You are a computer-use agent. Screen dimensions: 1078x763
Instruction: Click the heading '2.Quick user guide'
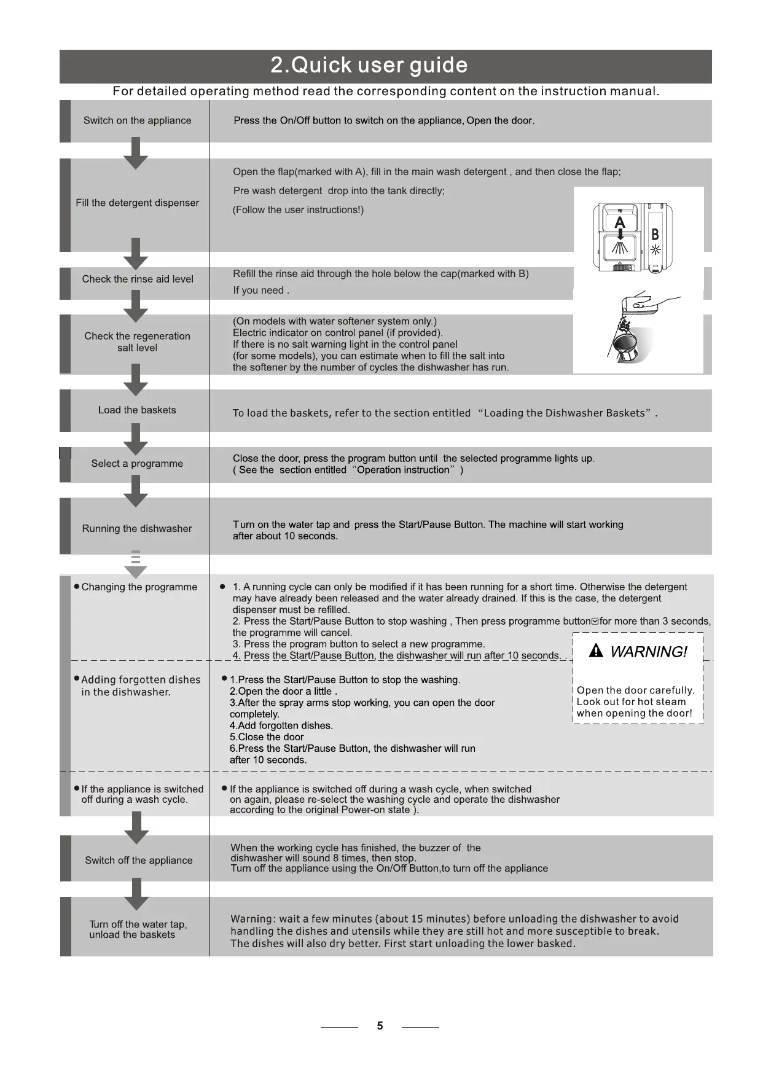coord(369,65)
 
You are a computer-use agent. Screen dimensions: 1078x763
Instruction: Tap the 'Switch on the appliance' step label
coord(137,120)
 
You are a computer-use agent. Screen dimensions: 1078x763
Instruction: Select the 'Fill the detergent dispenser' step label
coord(137,203)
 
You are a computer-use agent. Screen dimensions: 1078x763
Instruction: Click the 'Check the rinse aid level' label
coord(138,279)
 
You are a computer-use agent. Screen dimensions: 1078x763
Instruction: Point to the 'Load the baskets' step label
coord(137,410)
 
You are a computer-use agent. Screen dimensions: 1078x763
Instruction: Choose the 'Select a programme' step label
coord(137,463)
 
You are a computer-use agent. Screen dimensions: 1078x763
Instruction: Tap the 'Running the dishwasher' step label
coord(137,528)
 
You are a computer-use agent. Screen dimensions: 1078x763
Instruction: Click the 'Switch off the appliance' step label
coord(139,860)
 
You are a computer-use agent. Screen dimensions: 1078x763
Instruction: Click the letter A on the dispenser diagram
coord(620,222)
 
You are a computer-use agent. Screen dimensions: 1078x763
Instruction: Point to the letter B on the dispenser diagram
coord(655,234)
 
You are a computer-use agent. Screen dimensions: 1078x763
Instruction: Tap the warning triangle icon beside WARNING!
coord(595,651)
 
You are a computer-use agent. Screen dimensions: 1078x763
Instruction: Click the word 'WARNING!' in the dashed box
coord(649,652)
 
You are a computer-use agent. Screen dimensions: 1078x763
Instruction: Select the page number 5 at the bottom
coord(380,1026)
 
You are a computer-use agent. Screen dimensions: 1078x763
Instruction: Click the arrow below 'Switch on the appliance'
coord(136,154)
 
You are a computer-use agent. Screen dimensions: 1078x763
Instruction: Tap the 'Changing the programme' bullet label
coord(139,587)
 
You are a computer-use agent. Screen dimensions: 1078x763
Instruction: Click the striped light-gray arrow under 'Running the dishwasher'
coord(136,564)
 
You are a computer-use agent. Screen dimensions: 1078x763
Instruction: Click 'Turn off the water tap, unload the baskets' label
coord(138,929)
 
